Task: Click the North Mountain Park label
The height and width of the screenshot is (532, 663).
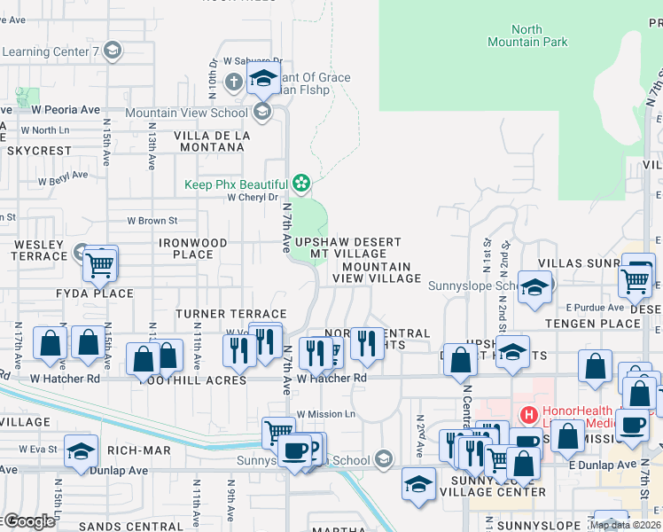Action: tap(526, 35)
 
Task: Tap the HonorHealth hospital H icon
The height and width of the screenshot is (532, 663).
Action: tap(529, 414)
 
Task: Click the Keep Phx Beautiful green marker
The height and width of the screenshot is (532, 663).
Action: tap(302, 184)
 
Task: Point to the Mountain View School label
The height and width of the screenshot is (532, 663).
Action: tap(186, 113)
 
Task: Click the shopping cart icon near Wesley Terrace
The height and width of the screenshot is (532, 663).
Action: tap(100, 262)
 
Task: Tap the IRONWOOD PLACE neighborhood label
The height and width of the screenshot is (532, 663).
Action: tap(186, 248)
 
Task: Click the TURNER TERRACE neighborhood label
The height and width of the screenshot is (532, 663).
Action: tap(230, 314)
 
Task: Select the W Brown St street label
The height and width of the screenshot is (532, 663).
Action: tap(152, 220)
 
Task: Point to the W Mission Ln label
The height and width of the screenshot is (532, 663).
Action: tap(325, 414)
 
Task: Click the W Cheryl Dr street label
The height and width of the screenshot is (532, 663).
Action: tap(253, 198)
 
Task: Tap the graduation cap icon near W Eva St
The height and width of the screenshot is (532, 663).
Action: tap(81, 451)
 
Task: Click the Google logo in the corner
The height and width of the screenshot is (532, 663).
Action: tap(28, 521)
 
